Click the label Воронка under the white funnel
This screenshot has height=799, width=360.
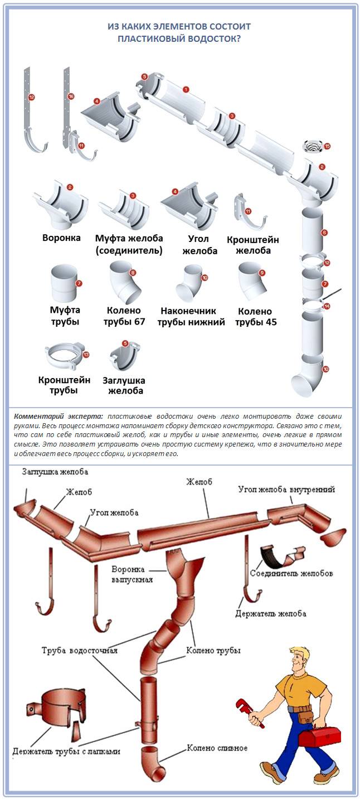click(61, 238)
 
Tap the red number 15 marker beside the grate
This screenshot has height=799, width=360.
click(327, 146)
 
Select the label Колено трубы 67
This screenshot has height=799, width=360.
click(124, 316)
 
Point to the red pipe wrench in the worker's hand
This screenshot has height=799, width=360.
click(250, 712)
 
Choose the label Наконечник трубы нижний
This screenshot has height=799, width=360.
click(191, 316)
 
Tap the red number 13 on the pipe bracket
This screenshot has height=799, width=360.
click(86, 355)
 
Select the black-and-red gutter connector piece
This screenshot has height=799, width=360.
click(283, 556)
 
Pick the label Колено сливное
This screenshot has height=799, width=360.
click(217, 745)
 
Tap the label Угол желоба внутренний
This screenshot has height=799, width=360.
click(286, 489)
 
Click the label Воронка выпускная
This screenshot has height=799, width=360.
click(132, 574)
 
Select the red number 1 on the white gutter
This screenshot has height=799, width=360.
click(186, 90)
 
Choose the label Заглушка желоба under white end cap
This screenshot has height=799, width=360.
click(124, 386)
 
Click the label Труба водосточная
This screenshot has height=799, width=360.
click(80, 650)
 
